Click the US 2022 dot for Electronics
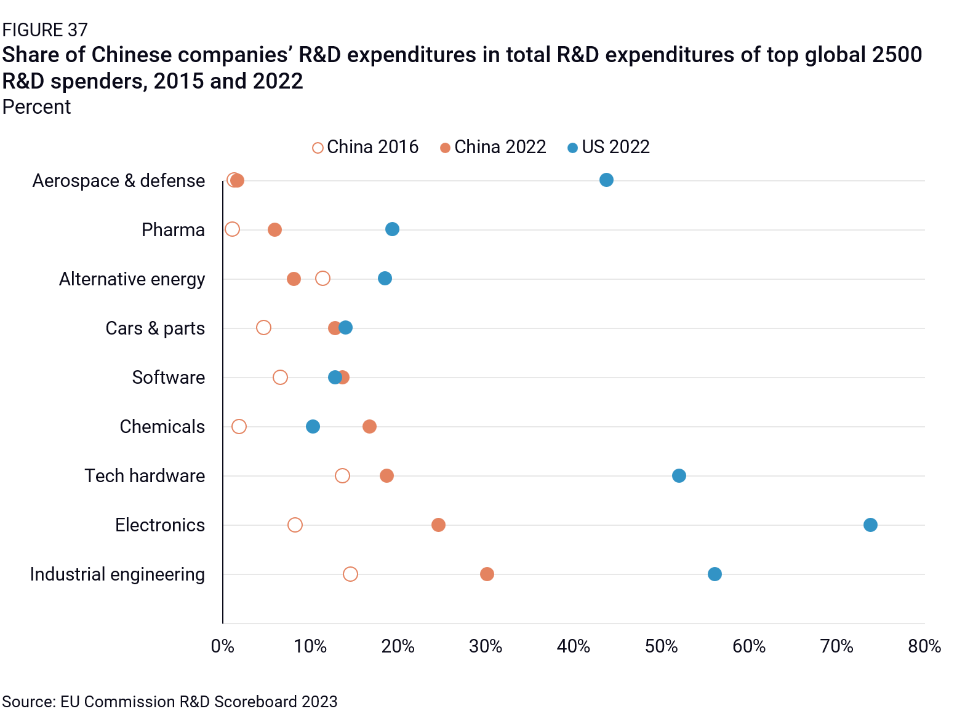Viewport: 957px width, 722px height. coord(870,525)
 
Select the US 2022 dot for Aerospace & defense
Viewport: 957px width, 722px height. coord(606,180)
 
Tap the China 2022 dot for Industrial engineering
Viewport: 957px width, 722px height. coord(486,574)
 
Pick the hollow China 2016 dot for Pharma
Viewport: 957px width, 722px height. coord(232,229)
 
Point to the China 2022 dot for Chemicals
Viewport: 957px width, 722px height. coord(369,426)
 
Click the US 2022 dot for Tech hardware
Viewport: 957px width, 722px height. coord(678,475)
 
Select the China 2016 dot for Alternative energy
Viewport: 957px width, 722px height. coord(322,279)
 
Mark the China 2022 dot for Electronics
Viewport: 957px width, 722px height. coord(438,525)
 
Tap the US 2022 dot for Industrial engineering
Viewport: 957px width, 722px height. coord(714,574)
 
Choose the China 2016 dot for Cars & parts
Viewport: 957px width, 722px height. coord(263,327)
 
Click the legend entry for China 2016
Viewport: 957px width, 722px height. coord(365,147)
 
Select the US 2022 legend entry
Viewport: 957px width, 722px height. coord(608,147)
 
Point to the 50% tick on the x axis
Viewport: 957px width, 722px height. coord(661,646)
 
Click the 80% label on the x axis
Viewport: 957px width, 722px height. coord(924,646)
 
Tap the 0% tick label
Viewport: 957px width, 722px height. coord(223,646)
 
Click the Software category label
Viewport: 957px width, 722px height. coord(168,377)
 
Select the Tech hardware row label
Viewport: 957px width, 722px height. coord(145,475)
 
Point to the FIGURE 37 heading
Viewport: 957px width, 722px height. coord(45,30)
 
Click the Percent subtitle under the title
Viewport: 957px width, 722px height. coord(37,107)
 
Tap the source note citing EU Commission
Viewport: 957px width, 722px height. coord(170,702)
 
